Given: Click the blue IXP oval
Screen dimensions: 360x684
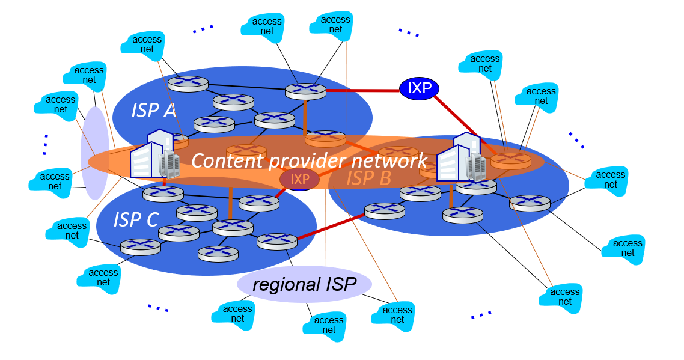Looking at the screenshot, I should point(420,88).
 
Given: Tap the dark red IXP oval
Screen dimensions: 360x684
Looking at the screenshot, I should point(299,179).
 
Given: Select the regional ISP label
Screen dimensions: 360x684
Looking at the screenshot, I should point(304,284).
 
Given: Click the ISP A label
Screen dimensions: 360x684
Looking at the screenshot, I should point(154,110).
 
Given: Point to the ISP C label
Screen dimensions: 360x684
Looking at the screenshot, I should point(136,220).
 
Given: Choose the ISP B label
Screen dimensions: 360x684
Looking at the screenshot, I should point(369,178).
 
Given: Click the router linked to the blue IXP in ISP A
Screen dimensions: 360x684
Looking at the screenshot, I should point(305,91).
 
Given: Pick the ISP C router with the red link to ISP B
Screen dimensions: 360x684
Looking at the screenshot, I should point(277,241).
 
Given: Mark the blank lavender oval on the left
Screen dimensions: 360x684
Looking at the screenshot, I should point(95,153).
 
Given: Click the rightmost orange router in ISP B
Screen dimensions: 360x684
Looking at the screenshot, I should point(511,160).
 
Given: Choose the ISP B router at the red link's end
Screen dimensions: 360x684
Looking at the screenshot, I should point(385,210).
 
